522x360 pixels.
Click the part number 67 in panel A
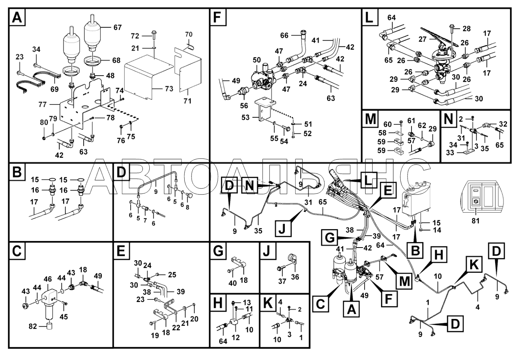click(x=118, y=28)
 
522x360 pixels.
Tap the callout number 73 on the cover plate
click(x=169, y=89)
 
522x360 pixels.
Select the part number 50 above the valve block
click(x=256, y=60)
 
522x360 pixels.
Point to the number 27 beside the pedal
click(x=423, y=39)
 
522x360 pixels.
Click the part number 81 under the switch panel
click(x=476, y=221)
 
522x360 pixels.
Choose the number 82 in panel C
click(x=33, y=327)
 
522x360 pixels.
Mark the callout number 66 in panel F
click(x=284, y=35)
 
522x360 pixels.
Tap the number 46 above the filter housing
click(x=48, y=279)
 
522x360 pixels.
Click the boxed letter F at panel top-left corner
click(x=218, y=17)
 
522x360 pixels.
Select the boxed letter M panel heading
click(x=370, y=118)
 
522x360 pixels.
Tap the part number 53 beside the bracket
click(x=245, y=117)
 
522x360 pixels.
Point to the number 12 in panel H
click(x=236, y=337)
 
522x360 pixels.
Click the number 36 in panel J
click(x=295, y=277)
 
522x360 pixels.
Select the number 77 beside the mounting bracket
click(x=42, y=105)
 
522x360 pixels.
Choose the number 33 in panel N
click(x=450, y=153)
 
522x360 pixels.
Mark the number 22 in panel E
click(x=176, y=327)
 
